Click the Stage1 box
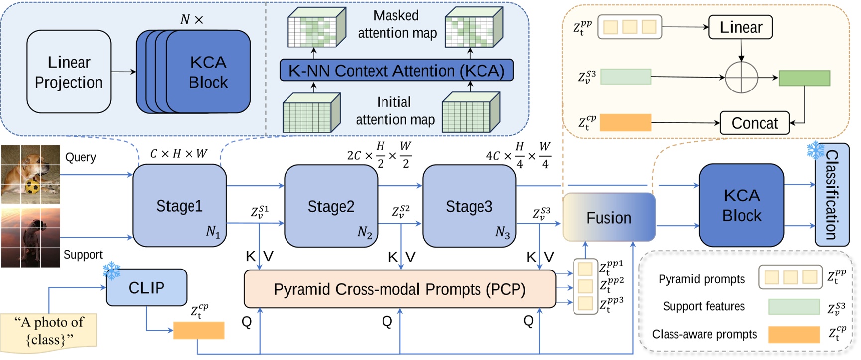180,205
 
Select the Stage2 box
331,206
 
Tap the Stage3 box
469,206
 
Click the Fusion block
608,217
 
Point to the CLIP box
146,287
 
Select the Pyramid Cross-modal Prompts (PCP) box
399,289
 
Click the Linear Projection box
69,72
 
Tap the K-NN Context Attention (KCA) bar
396,71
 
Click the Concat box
755,123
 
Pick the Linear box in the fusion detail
740,27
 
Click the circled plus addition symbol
741,77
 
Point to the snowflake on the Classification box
815,150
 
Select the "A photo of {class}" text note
49,330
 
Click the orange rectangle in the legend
793,335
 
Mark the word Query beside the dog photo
81,157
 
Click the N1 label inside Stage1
213,232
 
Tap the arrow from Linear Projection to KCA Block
123,72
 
